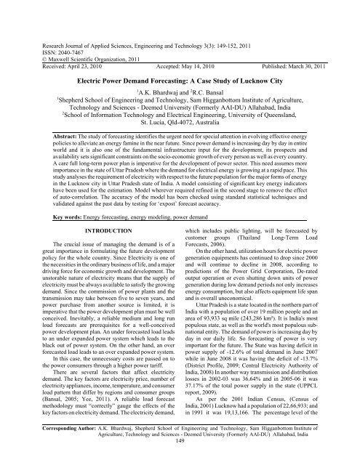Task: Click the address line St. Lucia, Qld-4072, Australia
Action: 180,122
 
